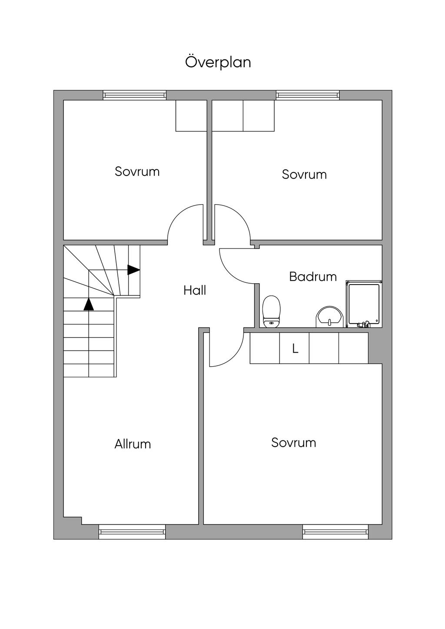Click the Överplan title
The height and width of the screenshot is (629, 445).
coord(218,62)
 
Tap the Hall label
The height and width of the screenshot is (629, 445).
coord(195,290)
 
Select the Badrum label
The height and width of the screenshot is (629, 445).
coord(313,277)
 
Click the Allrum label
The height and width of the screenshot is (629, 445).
coord(133,444)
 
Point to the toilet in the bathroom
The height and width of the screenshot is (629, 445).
coord(271,311)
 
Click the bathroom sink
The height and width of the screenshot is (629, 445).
coord(329,317)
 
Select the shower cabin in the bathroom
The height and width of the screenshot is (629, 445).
coord(364,304)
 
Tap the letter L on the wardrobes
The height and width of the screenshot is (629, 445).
coord(295,348)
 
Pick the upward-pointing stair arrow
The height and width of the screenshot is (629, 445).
coord(89,305)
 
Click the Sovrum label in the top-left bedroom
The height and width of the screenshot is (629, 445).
coord(137,171)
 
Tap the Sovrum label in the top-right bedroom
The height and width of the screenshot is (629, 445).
coord(304,174)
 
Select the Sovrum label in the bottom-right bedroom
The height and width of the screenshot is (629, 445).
coord(294,443)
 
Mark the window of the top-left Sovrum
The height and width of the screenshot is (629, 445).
coord(135,95)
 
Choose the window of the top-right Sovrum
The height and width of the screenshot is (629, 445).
coord(308,95)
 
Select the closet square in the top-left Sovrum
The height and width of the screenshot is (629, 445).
coord(191,116)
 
